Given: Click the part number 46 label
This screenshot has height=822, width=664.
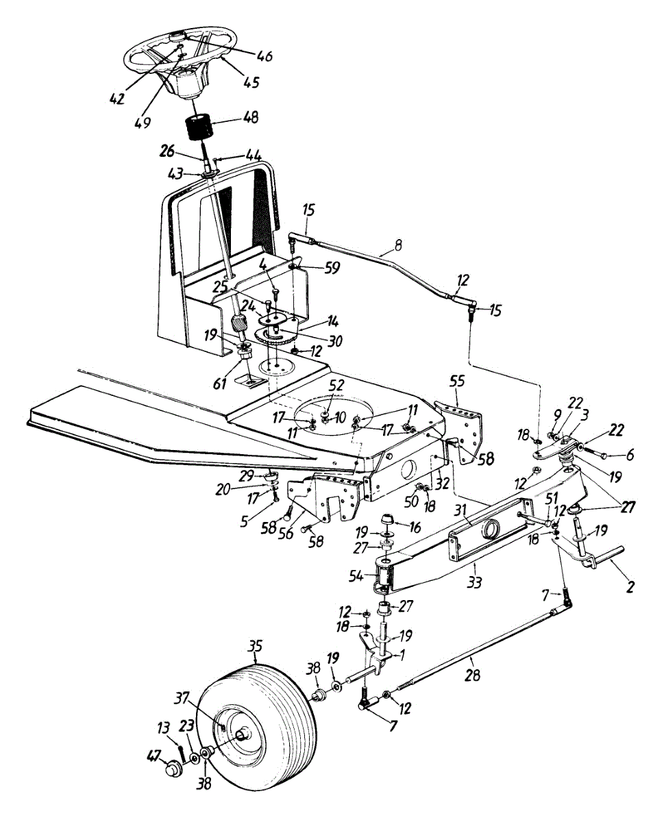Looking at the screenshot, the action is [x=265, y=55].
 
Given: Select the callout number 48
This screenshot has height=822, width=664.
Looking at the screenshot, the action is [x=251, y=117].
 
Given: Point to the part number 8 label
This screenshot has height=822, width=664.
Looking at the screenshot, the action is [x=398, y=245].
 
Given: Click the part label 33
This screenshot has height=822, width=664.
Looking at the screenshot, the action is [x=474, y=582].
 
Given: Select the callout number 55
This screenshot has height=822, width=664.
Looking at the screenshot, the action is [x=458, y=382].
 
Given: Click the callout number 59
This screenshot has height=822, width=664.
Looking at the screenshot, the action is [x=332, y=268].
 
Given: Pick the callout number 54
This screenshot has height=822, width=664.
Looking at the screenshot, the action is [x=356, y=577].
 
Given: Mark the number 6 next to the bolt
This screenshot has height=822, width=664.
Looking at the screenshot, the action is [x=629, y=456].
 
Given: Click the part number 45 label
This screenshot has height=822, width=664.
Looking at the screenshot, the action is [x=251, y=82].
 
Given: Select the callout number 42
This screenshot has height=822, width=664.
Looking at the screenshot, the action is [x=117, y=99].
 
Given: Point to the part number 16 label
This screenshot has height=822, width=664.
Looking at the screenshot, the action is [x=415, y=527].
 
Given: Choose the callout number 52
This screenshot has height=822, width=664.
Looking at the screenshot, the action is [x=336, y=386].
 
